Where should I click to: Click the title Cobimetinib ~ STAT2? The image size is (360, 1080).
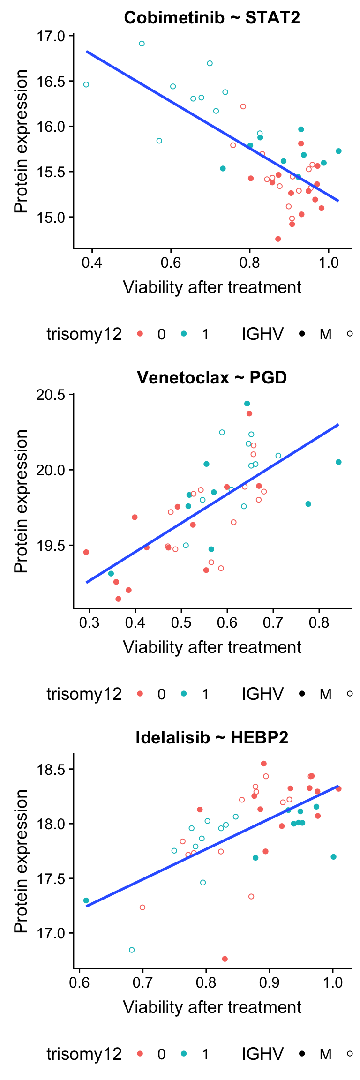tap(212, 18)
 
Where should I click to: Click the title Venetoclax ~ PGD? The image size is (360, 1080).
tap(212, 377)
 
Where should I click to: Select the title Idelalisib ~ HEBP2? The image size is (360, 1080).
tap(212, 737)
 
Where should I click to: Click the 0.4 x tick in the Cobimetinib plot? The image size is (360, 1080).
tap(92, 262)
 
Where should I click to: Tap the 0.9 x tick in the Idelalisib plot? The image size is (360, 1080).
tap(270, 982)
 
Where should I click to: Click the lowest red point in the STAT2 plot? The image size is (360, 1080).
tap(278, 239)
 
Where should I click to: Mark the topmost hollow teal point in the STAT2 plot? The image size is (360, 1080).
tap(142, 44)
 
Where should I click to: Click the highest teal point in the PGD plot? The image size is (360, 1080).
tap(247, 404)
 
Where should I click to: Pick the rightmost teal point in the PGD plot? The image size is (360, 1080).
tap(338, 462)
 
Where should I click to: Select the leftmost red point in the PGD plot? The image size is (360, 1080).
tap(86, 552)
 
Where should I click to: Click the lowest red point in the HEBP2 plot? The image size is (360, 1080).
tap(225, 959)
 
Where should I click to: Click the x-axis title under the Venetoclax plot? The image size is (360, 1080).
tap(212, 647)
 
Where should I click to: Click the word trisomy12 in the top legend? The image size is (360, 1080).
tap(84, 334)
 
